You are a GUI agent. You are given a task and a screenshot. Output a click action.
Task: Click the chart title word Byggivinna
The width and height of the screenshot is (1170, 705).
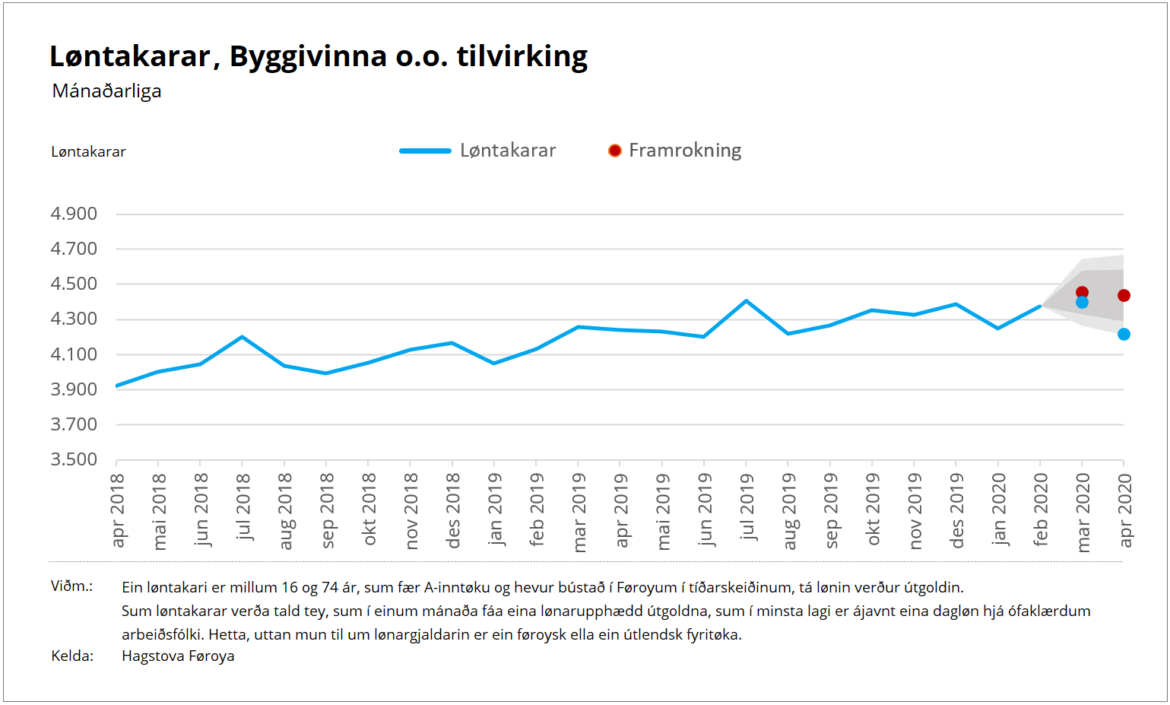308,57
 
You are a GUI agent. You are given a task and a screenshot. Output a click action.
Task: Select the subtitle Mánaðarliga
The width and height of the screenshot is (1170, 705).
106,91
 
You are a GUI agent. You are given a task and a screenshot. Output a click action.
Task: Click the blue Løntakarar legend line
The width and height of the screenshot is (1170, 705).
426,151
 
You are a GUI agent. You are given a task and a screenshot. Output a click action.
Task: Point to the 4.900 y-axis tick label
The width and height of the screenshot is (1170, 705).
74,214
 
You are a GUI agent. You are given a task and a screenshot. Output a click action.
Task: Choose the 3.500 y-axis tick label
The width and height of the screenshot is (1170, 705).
74,459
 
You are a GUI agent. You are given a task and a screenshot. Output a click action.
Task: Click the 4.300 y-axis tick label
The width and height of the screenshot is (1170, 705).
74,319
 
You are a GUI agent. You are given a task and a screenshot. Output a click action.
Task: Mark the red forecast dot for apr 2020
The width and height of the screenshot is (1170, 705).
1124,295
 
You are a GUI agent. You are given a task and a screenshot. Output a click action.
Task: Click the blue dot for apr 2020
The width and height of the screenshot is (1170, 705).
1124,334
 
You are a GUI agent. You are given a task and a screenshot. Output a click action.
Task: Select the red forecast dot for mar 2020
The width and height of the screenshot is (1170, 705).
1082,292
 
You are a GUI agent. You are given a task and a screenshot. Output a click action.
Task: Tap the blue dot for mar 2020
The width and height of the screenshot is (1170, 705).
1082,303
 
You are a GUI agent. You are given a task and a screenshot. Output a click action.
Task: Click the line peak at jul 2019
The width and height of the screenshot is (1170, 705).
746,300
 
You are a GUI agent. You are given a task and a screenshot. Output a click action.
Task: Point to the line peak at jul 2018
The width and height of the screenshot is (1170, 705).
242,336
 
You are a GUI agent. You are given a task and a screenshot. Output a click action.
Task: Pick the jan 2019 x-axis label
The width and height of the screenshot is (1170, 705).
495,509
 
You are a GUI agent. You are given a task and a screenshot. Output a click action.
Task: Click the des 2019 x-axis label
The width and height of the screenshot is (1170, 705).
957,510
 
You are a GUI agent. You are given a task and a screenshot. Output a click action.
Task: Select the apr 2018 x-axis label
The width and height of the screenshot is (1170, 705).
117,510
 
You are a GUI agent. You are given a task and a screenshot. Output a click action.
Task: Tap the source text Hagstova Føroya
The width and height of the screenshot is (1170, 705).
178,656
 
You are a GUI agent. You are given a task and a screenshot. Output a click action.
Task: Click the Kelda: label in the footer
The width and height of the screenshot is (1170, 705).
72,656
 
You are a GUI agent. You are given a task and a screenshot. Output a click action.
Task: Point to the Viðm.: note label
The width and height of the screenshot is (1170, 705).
71,586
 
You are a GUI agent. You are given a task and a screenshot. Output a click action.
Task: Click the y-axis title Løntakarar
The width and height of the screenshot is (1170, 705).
88,152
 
